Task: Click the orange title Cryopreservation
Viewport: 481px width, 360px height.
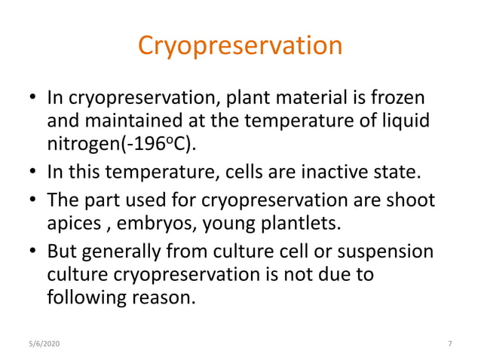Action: (240, 47)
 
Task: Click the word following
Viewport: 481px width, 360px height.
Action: (84, 297)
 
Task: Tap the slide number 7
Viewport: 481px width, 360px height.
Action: (450, 344)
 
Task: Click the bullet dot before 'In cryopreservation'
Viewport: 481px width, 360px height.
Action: (32, 99)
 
